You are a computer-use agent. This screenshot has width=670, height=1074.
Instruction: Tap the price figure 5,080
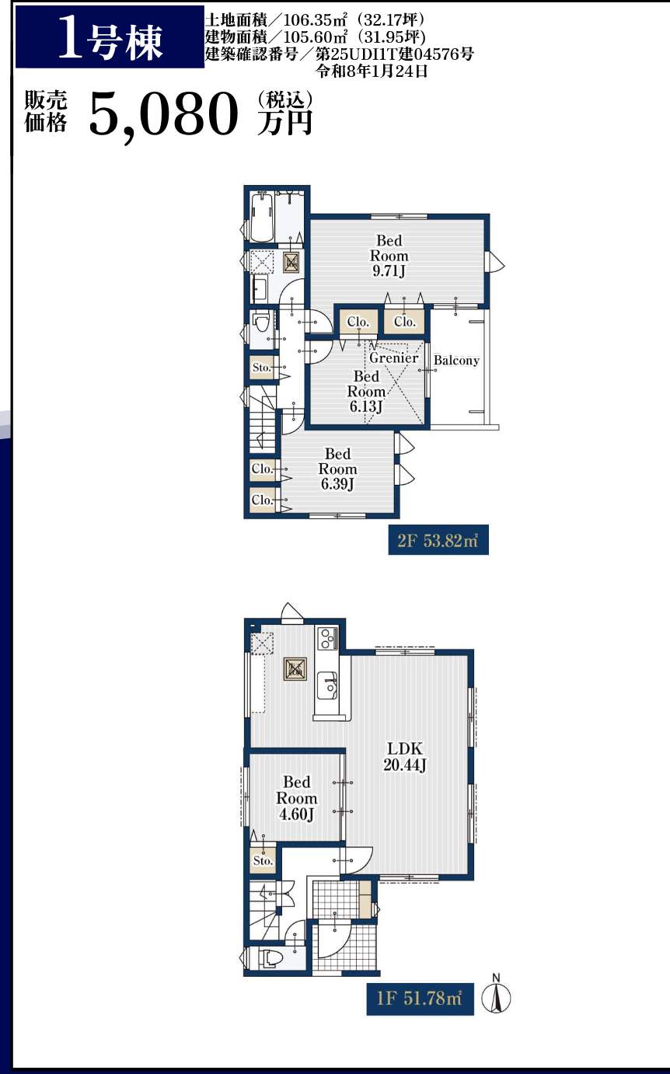[163, 115]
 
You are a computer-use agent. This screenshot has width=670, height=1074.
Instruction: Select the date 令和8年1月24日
[372, 71]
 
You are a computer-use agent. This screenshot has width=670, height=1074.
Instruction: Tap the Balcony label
[456, 360]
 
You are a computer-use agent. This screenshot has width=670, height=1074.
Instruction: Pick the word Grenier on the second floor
[393, 357]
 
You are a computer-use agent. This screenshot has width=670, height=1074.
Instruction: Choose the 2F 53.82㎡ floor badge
[438, 540]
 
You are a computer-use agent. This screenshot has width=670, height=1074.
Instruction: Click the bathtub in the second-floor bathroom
[262, 216]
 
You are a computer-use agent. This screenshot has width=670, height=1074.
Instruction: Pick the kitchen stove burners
[327, 638]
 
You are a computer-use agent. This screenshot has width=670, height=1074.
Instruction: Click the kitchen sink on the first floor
[327, 685]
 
